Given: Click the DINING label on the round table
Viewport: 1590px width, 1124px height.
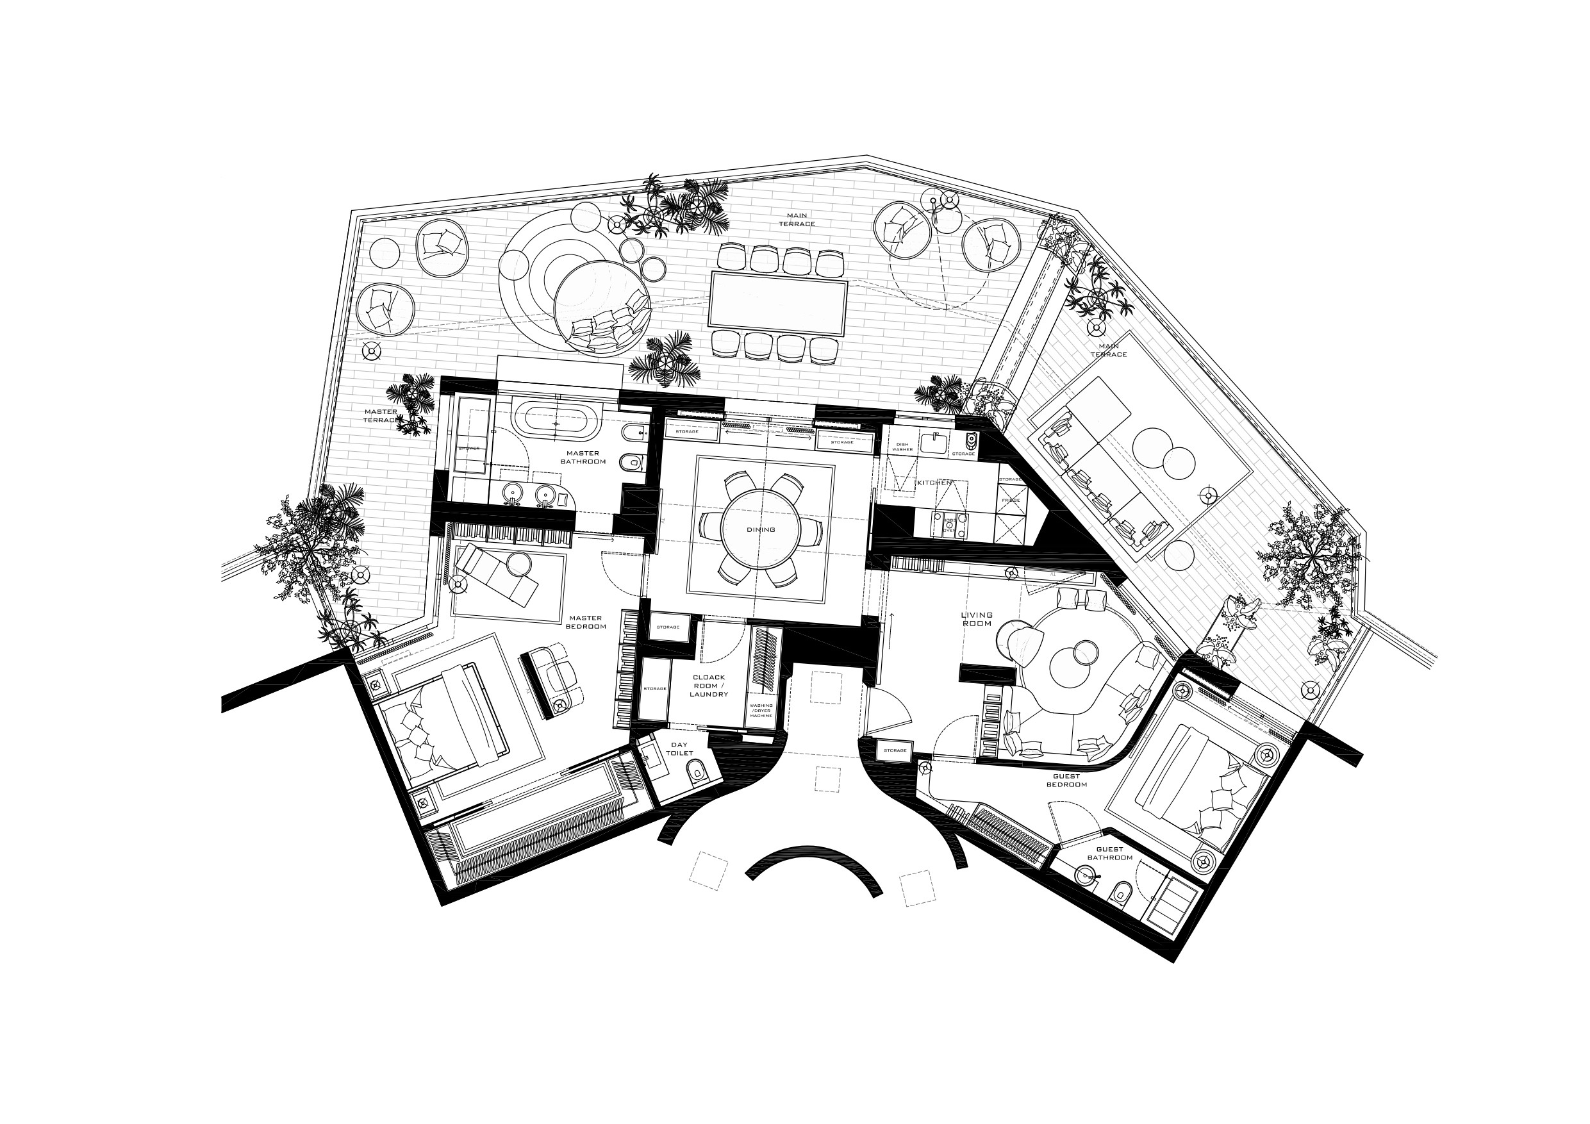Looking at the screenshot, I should coord(760,530).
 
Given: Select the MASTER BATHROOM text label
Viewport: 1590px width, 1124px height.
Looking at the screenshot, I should coord(583,458).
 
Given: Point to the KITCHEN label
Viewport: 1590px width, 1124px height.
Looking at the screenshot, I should coord(934,483).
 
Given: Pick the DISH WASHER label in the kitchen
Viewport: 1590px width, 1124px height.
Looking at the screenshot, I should coord(902,447).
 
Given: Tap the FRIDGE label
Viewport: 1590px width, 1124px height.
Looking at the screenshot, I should coord(1011,500).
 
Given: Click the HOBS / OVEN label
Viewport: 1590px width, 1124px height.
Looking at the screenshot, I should coord(948,525).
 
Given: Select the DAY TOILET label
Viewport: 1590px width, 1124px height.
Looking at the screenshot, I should coord(679,748).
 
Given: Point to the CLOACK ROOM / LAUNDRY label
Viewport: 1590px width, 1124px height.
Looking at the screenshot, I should coord(708,686).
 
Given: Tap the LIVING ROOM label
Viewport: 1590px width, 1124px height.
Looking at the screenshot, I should coord(977,619).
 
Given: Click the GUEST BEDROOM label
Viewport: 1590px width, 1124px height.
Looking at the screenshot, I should coord(1066,781).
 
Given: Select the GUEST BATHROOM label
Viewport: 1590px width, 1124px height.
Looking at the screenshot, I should coord(1109,853).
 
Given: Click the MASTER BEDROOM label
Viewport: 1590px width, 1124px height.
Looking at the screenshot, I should coord(585,622).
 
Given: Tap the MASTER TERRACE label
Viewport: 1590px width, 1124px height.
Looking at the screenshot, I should coord(380,415).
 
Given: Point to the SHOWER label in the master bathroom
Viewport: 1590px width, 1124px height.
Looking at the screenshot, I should coord(469,448).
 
